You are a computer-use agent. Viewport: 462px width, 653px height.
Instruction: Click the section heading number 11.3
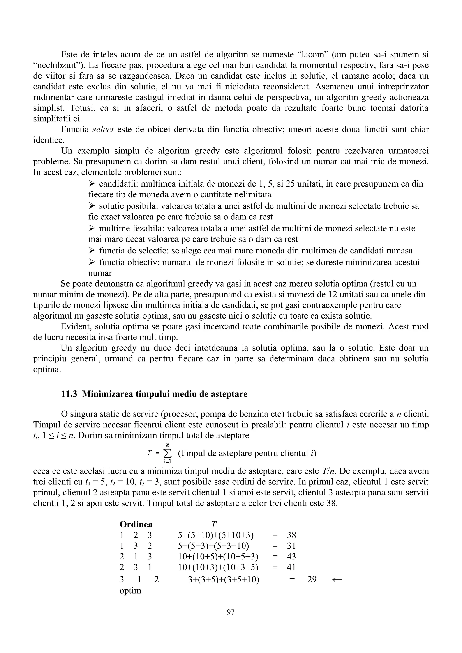69,394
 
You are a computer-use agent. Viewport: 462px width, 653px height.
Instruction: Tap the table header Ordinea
136,524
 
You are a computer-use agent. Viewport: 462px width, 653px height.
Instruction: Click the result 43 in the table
291,556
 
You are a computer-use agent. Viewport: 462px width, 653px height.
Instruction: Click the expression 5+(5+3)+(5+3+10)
213,546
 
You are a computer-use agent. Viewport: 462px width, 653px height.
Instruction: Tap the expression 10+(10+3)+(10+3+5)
218,567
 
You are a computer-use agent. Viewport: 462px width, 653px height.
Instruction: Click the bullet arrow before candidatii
91,184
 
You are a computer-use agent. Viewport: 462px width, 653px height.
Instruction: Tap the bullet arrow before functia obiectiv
91,262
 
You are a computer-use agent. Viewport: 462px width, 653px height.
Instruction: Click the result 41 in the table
291,567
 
